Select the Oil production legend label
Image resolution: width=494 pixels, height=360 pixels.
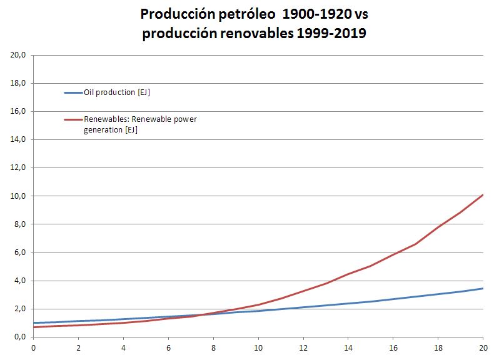116,92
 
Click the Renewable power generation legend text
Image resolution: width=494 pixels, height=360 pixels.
140,124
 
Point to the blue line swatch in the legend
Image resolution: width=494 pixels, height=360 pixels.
73,93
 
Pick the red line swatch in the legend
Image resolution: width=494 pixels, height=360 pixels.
73,119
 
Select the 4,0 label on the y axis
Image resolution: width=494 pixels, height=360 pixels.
19,281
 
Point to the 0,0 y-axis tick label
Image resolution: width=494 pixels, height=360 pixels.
19,337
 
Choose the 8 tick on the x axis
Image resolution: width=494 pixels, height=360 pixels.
213,347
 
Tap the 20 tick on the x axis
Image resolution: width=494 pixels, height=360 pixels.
483,347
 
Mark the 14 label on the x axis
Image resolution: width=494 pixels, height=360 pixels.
348,347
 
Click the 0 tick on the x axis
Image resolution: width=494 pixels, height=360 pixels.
34,347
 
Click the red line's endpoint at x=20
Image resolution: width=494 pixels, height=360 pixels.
483,195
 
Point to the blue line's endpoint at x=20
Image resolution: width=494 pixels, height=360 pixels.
483,288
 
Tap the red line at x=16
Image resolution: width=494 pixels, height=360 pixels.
393,254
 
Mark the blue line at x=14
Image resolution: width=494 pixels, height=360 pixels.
348,304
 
